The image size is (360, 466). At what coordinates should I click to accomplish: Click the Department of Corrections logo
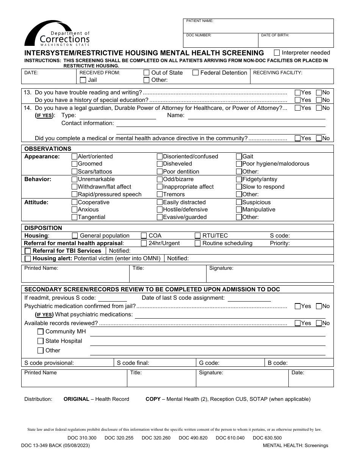coord(57,34)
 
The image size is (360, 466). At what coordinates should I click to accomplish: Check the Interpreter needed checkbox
coord(277,53)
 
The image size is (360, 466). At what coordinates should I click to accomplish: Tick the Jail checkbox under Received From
coord(83,80)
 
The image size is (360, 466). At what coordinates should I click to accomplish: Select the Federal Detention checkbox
coord(196,73)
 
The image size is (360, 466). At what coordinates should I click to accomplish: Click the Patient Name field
coord(258,26)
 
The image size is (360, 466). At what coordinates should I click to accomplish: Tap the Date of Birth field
coord(296,40)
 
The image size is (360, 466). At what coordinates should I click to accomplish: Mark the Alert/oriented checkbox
coord(75,156)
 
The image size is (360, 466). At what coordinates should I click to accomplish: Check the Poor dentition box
coord(160,172)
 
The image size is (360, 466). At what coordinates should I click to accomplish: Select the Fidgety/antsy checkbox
coord(239,179)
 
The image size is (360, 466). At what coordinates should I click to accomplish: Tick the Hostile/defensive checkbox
coord(160,210)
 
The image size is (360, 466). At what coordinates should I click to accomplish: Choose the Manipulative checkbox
coord(239,210)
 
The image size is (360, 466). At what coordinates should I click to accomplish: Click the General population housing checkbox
coord(75,236)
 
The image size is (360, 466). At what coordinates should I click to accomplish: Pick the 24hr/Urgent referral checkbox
coord(144,243)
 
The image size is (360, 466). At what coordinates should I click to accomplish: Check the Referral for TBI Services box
coord(28,251)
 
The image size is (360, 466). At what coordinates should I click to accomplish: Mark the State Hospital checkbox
coord(41,341)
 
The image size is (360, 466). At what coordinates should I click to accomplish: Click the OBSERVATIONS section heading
coord(48,149)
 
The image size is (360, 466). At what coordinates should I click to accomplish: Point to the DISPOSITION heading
coord(43,228)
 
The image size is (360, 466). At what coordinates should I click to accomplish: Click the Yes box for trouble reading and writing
coord(298,92)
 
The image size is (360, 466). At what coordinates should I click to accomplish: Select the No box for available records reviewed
coord(319,323)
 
